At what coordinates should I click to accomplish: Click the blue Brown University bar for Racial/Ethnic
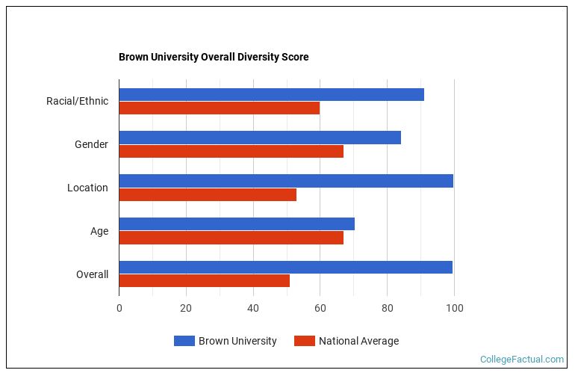[x=271, y=94]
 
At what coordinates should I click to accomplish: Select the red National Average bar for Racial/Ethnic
[x=220, y=108]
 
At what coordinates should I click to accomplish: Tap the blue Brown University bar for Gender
[x=260, y=138]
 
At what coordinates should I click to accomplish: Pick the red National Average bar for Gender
[x=231, y=151]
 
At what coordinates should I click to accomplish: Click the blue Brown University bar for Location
[x=286, y=181]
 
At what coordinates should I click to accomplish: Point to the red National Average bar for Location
[x=208, y=194]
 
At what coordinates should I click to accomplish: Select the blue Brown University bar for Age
[x=237, y=224]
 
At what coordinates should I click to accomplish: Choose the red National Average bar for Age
[x=231, y=238]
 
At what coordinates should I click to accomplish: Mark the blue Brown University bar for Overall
[x=285, y=268]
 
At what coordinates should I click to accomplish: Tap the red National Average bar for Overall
[x=204, y=281]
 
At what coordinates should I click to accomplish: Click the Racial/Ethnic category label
[x=77, y=101]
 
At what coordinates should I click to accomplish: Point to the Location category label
[x=87, y=188]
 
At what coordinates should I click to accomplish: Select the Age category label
[x=99, y=231]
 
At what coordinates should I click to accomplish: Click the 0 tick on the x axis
[x=119, y=308]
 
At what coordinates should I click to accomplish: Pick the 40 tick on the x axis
[x=253, y=308]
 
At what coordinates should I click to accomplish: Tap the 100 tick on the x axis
[x=454, y=308]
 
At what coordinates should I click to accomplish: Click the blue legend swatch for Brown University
[x=184, y=341]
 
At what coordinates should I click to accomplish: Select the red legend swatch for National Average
[x=304, y=341]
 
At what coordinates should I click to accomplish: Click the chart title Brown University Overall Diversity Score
[x=214, y=57]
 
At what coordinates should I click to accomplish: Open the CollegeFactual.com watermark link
[x=521, y=360]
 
